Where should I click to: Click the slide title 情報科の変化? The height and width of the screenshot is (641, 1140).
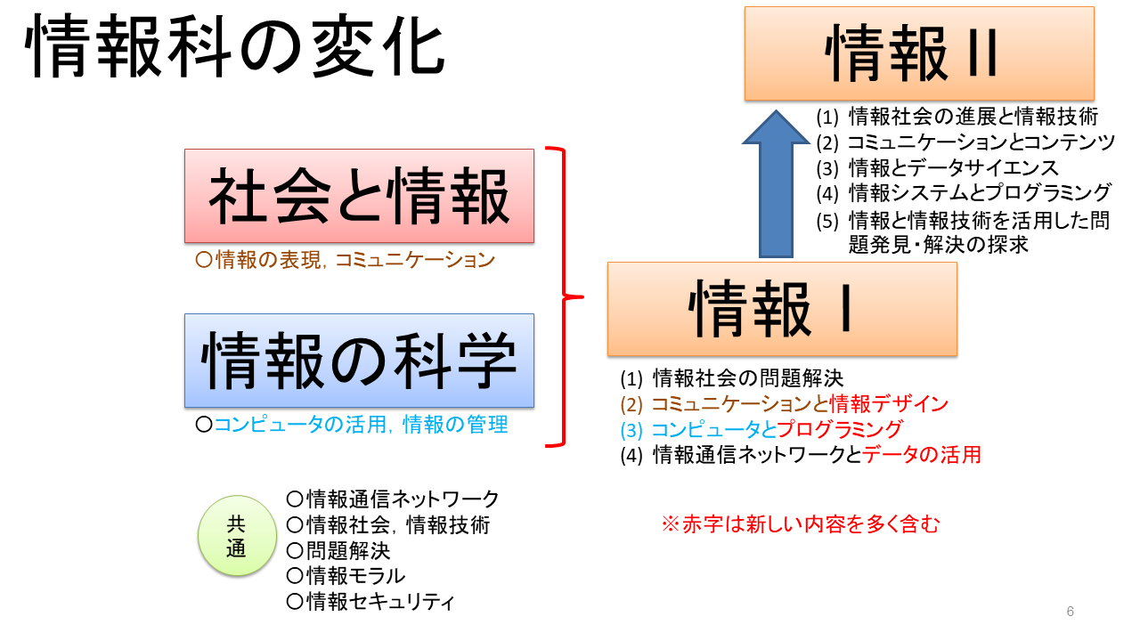click(237, 50)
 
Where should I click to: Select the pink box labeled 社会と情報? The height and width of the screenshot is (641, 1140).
click(359, 196)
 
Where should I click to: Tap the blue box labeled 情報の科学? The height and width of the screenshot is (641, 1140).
click(359, 361)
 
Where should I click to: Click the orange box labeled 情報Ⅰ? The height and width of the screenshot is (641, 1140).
click(781, 308)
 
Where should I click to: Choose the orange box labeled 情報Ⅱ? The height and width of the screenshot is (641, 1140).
click(919, 53)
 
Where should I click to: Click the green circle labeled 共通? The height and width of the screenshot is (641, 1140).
click(235, 536)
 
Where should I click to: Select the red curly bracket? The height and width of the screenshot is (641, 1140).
click(561, 296)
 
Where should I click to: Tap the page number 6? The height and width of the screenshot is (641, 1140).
click(1070, 612)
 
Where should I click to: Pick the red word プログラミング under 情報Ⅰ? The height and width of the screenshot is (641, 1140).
click(840, 429)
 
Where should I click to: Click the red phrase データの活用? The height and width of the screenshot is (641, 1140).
click(922, 455)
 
